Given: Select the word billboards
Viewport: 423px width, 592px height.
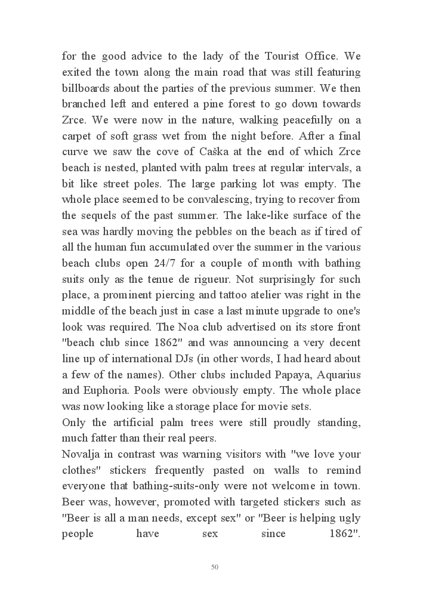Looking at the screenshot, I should [x=88, y=88].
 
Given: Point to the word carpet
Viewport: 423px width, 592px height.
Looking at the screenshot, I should [x=78, y=152].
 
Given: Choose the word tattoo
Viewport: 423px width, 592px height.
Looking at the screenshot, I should [x=244, y=295].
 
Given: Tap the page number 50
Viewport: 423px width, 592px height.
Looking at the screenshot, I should [x=215, y=567].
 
